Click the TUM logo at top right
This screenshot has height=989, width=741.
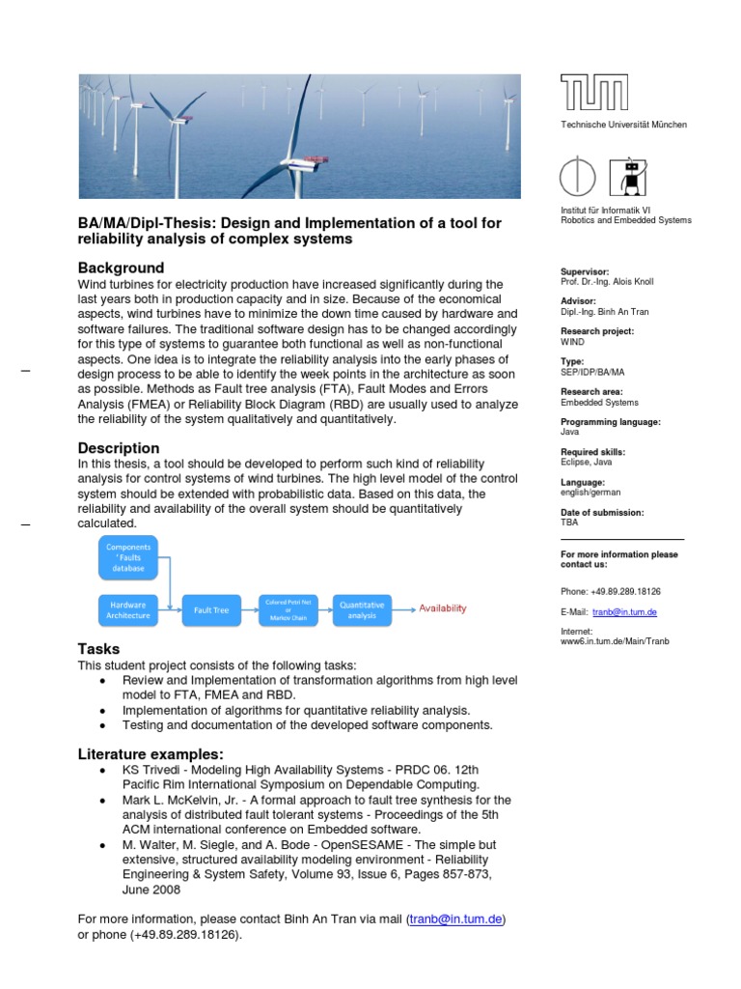coord(594,93)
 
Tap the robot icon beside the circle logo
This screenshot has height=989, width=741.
coord(633,181)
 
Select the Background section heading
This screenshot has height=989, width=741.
coord(121,268)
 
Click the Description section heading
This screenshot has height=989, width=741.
coord(119,448)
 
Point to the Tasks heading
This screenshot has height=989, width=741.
coord(99,649)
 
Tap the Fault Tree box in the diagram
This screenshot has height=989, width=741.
coord(210,610)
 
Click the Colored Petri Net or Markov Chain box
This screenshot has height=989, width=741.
coord(288,609)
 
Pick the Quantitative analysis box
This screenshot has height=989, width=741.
coord(362,609)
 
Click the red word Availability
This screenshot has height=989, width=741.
coord(442,608)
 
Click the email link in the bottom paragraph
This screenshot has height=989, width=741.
coord(456,919)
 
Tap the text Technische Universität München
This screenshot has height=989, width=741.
coord(624,125)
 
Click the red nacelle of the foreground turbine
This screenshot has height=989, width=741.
coord(311,156)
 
